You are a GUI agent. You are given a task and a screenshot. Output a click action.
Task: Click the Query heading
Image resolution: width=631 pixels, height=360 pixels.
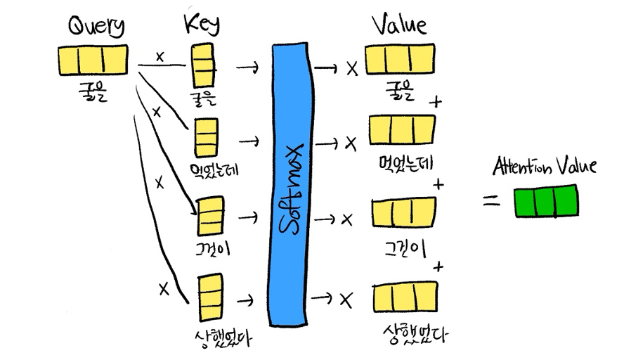96,27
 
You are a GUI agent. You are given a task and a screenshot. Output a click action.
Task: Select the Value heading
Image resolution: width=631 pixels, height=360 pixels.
398,26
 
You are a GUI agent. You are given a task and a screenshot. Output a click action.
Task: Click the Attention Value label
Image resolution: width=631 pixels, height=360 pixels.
545,167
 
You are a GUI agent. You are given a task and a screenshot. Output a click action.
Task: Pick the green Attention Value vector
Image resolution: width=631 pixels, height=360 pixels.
546,200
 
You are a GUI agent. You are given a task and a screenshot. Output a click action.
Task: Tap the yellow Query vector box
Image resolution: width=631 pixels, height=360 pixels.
92,60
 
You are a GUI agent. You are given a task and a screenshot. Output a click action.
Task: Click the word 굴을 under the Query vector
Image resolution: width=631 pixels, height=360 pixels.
93,91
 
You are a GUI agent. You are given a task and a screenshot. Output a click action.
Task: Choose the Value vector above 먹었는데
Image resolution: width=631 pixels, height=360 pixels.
401,130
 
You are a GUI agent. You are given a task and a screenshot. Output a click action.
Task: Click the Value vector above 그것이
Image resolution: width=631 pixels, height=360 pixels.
403,213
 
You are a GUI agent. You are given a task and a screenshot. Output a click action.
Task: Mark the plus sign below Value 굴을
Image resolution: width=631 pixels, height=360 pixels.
437,102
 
